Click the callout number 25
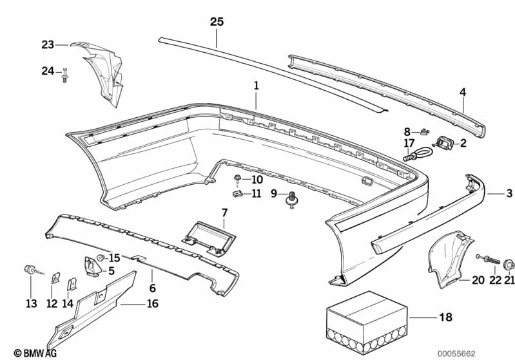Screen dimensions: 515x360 (217, 22)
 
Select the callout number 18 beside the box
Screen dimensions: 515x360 (445, 317)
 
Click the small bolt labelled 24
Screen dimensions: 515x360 (64, 75)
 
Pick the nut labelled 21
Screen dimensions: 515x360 (509, 264)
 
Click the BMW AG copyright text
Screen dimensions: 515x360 (35, 353)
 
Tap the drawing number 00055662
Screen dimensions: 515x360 (456, 354)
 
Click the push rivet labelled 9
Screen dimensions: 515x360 (291, 200)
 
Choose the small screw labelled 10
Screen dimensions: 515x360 (237, 179)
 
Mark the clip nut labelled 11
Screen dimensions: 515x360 (237, 194)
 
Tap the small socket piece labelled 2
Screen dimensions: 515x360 (445, 143)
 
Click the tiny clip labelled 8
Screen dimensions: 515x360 (425, 131)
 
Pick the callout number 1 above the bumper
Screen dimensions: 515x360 (256, 86)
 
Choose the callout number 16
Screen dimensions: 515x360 (153, 303)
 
